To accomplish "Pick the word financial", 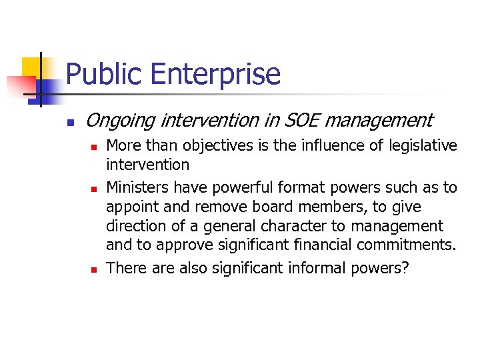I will pyautogui.click(x=317, y=245).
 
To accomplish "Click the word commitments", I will pyautogui.click(x=407, y=245).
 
